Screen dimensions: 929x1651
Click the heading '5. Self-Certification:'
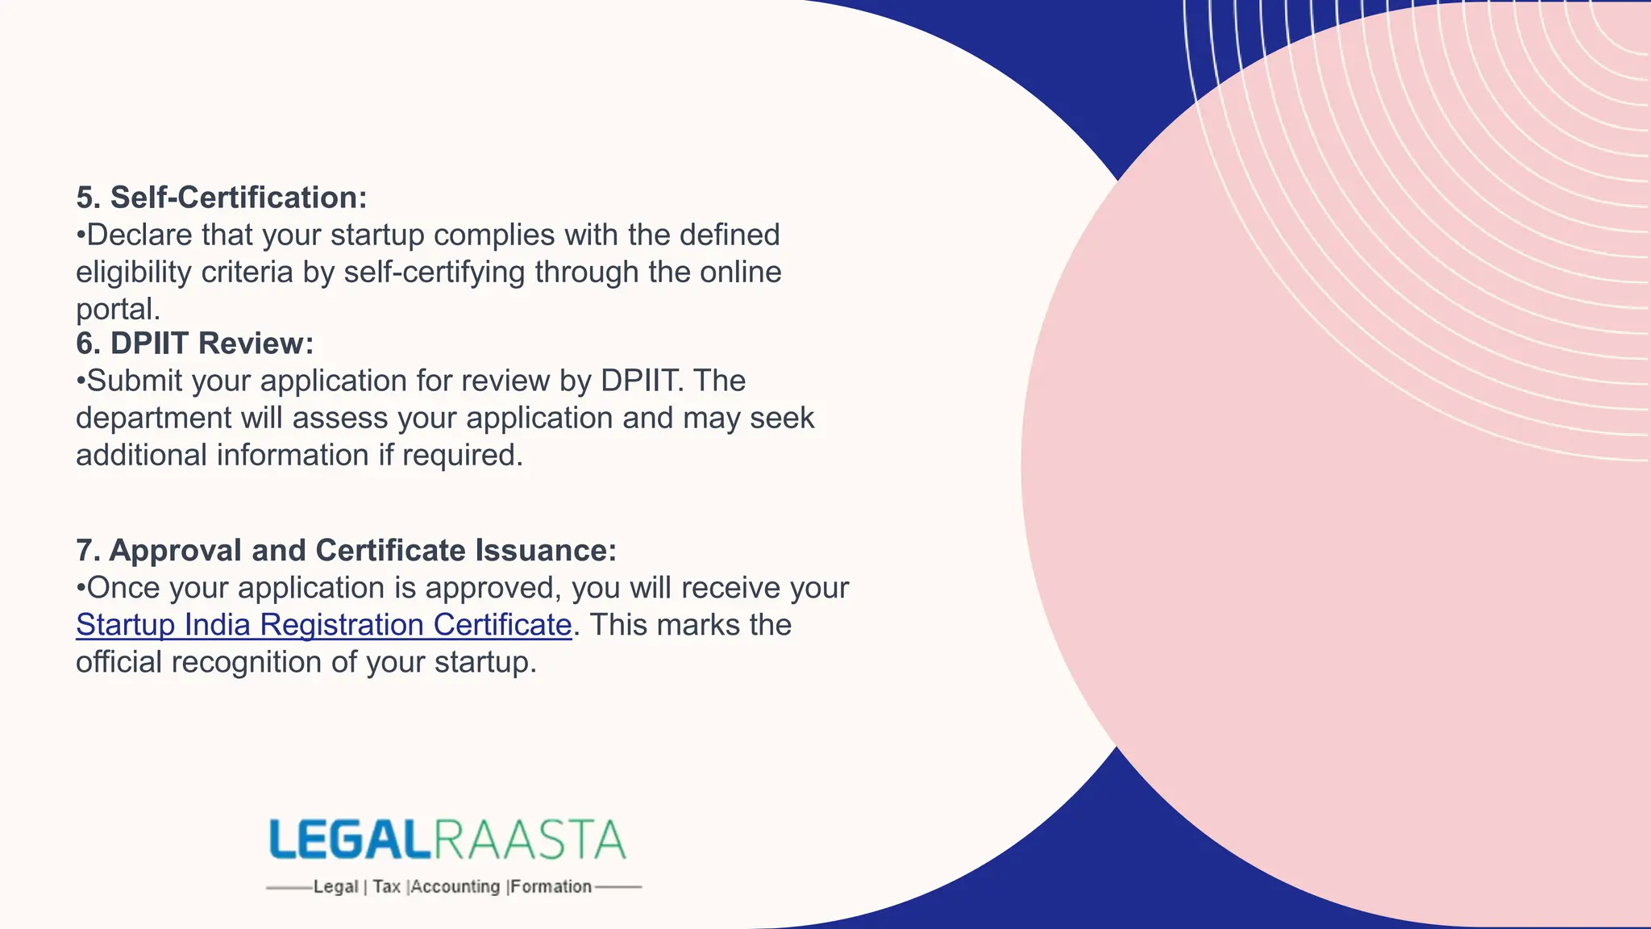pos(221,198)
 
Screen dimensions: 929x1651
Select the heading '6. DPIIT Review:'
pos(194,344)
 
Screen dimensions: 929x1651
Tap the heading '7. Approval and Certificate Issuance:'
pos(346,551)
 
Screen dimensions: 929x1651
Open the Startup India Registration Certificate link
pos(323,625)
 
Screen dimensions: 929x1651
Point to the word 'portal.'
pos(118,310)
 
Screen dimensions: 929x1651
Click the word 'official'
pos(119,662)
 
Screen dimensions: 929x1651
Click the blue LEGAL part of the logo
pos(348,840)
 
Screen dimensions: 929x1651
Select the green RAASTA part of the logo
pos(530,840)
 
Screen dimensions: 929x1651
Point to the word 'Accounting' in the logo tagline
pos(455,887)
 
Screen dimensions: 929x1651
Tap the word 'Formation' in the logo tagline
pos(551,887)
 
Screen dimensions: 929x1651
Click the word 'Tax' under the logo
pos(386,887)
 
